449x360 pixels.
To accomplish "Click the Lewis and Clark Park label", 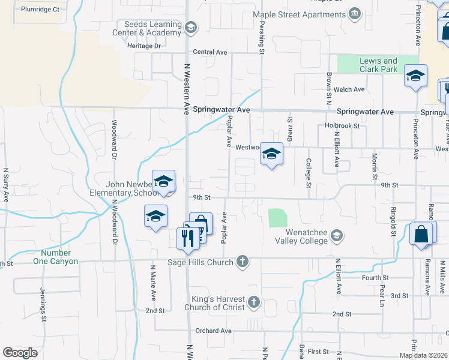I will [x=378, y=65].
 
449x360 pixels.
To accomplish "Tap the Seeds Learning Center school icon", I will [x=190, y=26].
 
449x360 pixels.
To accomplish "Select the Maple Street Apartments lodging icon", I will [x=355, y=14].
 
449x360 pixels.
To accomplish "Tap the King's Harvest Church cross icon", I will [x=253, y=302].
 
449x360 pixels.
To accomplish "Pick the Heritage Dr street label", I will [x=145, y=46].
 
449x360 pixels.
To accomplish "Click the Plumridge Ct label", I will [x=40, y=10].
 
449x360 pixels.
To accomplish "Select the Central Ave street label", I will [x=210, y=52].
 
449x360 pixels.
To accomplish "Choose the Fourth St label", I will [x=376, y=278].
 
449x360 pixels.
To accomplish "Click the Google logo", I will [x=20, y=352].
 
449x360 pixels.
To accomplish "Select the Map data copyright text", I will [x=423, y=355].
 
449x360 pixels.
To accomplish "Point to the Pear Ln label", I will [x=382, y=292].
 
